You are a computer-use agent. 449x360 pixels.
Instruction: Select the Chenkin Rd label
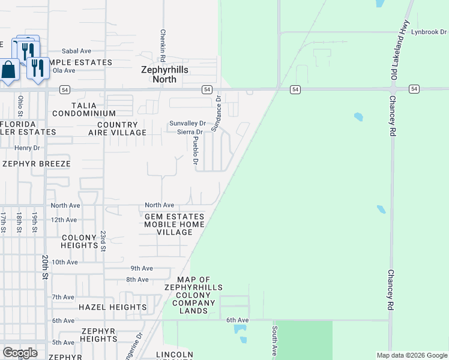(162, 40)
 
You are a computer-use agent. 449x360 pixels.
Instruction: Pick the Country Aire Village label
(117, 128)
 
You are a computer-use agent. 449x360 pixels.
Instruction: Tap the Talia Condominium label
(83, 109)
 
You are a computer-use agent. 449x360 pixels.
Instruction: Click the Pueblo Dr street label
(195, 150)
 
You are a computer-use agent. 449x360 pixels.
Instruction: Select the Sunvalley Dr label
(187, 123)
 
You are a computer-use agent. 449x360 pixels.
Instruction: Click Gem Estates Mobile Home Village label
(174, 224)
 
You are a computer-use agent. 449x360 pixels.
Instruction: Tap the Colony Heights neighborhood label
(79, 241)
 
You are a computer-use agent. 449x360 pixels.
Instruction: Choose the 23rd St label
(103, 241)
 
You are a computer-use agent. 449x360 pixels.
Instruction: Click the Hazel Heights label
(104, 307)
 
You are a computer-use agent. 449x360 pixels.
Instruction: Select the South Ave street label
(274, 340)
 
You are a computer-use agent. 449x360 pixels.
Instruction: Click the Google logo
(20, 353)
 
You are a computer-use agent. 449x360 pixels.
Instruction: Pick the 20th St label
(46, 266)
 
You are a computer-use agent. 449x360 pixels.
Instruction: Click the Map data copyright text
(411, 355)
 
